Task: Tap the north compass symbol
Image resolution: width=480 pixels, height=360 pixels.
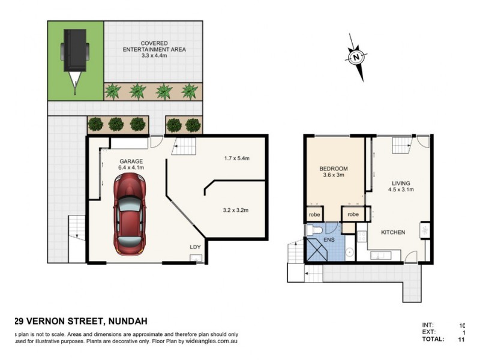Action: tap(356, 58)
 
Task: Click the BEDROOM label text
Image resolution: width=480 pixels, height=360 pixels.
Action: tap(334, 169)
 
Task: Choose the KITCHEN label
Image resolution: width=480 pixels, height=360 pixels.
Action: tap(394, 232)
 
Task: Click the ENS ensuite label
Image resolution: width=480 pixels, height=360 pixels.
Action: tap(330, 239)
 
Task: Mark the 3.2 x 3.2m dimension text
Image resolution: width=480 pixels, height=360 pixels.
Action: tap(235, 210)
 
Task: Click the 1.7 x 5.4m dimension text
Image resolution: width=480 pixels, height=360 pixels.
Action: tap(235, 158)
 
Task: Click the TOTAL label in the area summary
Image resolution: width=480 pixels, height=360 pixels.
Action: tap(433, 339)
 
